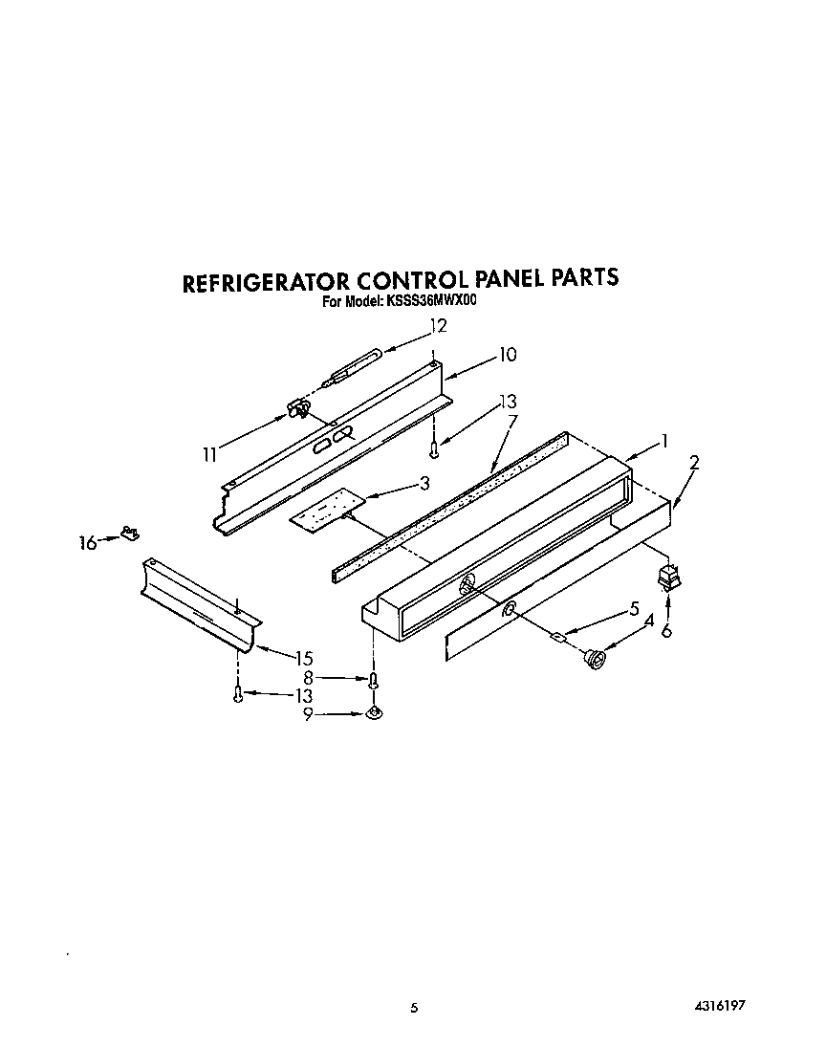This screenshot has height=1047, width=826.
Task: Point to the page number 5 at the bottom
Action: [x=414, y=1008]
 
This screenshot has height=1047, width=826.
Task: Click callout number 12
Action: [x=439, y=325]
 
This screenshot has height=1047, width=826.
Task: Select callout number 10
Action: [x=507, y=355]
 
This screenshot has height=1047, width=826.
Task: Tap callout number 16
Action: [x=87, y=543]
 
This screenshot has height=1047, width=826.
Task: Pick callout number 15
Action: [x=304, y=658]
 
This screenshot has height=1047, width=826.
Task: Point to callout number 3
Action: [x=424, y=485]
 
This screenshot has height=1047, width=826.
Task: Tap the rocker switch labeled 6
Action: [x=665, y=578]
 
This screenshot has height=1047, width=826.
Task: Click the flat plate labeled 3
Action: [x=329, y=509]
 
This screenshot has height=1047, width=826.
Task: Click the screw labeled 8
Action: [x=374, y=680]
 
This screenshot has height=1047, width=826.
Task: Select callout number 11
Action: [x=210, y=455]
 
